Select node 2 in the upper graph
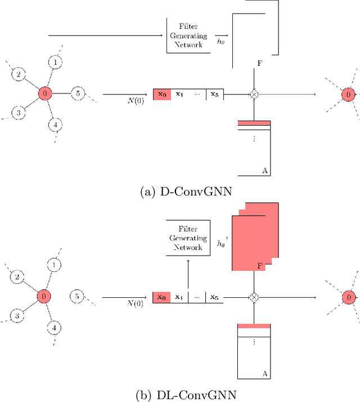click(x=18, y=74)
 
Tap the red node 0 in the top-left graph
click(x=44, y=93)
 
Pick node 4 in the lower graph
click(x=55, y=327)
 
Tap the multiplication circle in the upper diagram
click(x=254, y=94)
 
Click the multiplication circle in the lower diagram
click(x=254, y=297)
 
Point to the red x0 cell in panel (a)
click(x=161, y=94)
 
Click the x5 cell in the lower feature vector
click(x=214, y=297)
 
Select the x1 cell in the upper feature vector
click(x=179, y=94)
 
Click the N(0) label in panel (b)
click(x=135, y=303)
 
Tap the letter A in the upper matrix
click(x=264, y=169)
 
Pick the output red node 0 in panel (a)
click(x=348, y=95)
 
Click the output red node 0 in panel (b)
click(x=348, y=297)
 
